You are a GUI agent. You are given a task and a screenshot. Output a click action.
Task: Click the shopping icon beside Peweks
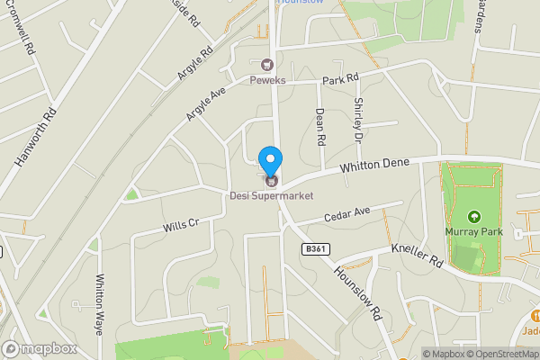[x=267, y=65]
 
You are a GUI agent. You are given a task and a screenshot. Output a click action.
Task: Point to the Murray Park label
[x=473, y=231]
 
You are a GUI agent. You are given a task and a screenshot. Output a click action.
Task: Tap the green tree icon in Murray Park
[x=474, y=216]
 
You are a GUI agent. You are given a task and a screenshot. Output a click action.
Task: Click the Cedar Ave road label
[x=346, y=216]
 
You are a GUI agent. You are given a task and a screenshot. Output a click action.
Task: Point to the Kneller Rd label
[x=417, y=253]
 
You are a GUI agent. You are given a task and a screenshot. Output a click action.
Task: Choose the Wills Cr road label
[x=180, y=222]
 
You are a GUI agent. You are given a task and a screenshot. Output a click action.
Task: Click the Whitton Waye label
[x=100, y=304]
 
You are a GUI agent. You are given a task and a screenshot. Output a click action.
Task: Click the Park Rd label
[x=340, y=80]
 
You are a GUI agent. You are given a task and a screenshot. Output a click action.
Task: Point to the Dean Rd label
[x=319, y=127]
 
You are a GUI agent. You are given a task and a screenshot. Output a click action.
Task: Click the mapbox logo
[x=40, y=348]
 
